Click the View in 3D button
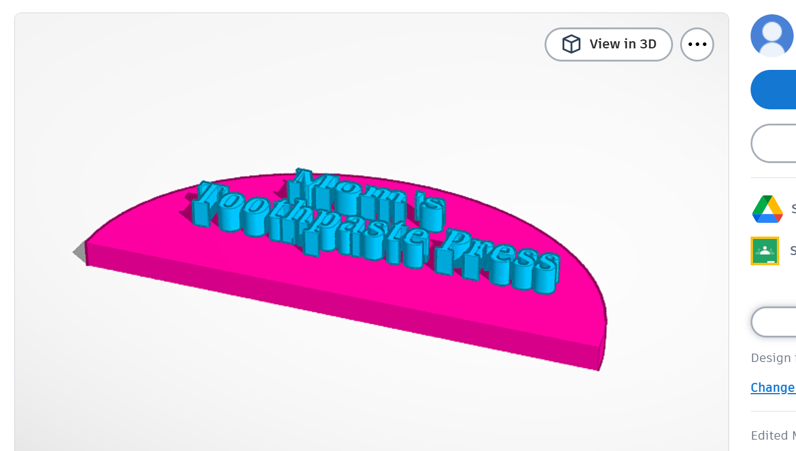tap(608, 44)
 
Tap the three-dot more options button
tap(697, 44)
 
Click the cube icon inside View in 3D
tap(571, 44)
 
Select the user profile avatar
tap(772, 36)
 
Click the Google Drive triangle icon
tap(767, 209)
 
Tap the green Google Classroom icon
tap(765, 251)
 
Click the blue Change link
tap(773, 388)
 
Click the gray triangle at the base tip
tap(79, 252)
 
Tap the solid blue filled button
tap(773, 90)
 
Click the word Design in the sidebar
tap(770, 358)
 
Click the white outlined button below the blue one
tap(773, 143)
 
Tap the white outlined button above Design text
tap(773, 323)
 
